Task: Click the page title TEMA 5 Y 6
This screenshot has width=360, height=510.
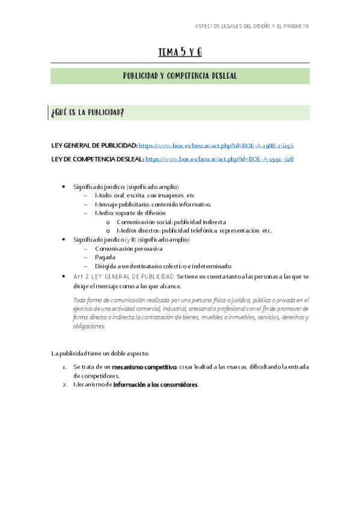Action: click(180, 52)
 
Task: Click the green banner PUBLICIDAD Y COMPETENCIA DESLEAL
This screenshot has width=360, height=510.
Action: click(180, 76)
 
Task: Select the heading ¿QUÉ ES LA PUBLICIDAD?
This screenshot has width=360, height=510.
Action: click(89, 113)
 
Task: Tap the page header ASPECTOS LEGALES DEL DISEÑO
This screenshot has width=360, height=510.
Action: click(252, 26)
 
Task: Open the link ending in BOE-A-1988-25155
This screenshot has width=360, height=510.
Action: click(216, 146)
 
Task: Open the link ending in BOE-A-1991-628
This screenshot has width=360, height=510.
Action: click(219, 159)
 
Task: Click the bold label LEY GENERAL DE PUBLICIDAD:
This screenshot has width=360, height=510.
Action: click(94, 146)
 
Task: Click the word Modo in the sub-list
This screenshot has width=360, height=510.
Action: click(103, 196)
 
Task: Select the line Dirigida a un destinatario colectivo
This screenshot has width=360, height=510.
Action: click(163, 266)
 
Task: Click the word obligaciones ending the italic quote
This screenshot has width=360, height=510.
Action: click(88, 327)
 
